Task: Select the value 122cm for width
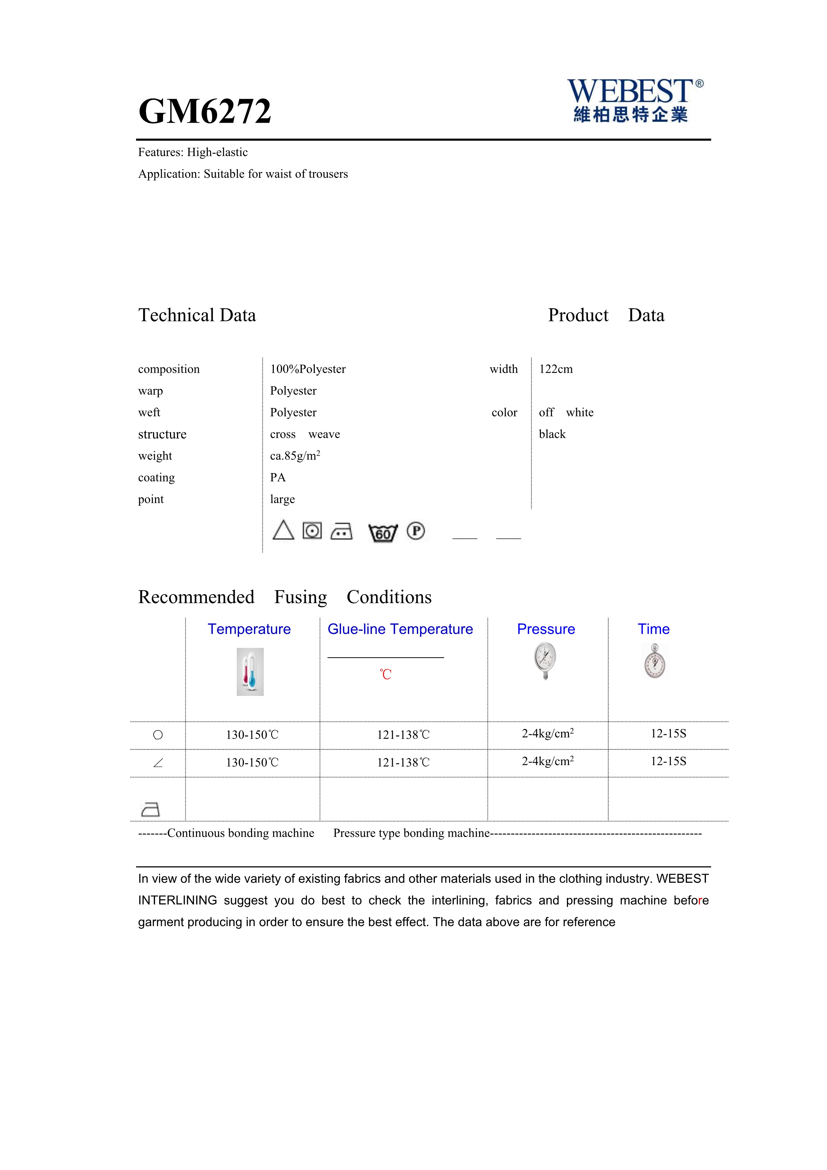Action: (556, 369)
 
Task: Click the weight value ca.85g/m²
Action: (295, 456)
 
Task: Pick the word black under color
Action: (552, 434)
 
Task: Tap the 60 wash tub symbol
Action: (382, 532)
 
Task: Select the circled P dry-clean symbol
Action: (416, 531)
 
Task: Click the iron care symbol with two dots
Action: (341, 531)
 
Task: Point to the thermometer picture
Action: (250, 672)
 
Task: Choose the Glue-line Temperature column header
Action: (400, 629)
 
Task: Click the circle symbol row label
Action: (158, 735)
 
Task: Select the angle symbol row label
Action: (158, 763)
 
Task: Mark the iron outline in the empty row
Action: (150, 809)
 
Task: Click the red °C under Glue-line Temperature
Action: (385, 674)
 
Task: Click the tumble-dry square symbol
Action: (312, 531)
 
